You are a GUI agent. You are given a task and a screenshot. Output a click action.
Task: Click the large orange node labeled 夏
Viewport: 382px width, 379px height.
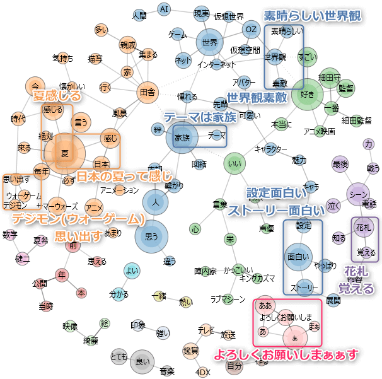point(64,153)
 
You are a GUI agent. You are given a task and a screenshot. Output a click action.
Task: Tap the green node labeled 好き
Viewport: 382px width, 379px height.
point(308,95)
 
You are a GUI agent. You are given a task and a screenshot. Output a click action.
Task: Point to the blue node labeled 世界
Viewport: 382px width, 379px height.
point(211,43)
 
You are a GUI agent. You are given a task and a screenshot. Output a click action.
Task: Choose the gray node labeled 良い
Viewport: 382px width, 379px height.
point(142,362)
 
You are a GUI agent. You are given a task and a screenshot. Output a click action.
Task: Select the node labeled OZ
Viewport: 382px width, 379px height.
point(252,30)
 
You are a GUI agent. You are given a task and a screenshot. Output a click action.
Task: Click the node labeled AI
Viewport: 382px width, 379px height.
point(164,9)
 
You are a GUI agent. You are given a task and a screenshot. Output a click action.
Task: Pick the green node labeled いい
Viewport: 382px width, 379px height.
point(234,165)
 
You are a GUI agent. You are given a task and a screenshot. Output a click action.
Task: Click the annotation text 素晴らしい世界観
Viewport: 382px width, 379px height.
point(312,16)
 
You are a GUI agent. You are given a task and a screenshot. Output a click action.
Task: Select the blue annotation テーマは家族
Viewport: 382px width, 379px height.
point(200,117)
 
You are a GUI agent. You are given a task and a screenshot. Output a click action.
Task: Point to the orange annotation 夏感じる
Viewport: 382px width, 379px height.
point(57,96)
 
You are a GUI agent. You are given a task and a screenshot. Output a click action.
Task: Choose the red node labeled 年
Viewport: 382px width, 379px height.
point(62,275)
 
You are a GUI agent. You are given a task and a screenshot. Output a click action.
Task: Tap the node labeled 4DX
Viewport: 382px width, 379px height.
point(203,372)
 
